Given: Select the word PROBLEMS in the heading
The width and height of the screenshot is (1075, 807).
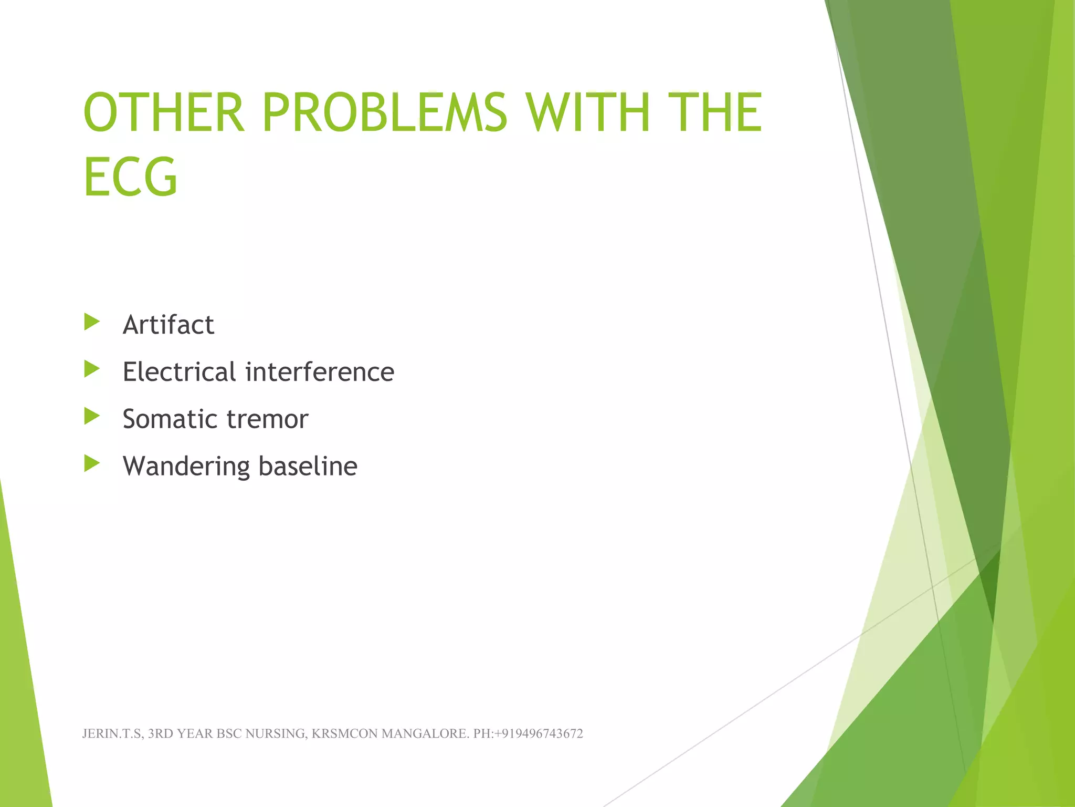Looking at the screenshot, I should click(x=384, y=112).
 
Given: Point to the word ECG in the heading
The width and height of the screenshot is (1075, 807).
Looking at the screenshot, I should click(x=130, y=177).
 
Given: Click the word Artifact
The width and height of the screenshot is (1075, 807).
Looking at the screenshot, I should click(x=168, y=325).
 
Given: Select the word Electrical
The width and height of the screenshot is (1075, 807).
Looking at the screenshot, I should click(x=179, y=372).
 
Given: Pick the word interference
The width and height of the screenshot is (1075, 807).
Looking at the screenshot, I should click(x=320, y=372).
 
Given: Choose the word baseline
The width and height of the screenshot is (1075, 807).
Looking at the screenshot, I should click(x=308, y=467).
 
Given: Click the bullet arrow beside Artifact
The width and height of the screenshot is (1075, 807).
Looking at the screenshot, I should click(x=92, y=322).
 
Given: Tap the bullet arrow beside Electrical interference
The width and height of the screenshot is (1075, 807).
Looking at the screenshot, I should click(x=92, y=369).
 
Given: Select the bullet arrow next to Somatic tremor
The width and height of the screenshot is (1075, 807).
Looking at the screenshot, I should click(x=92, y=417).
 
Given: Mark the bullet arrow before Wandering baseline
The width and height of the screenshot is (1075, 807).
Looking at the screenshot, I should click(x=92, y=463).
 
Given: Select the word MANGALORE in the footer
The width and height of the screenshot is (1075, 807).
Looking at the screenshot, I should click(x=425, y=734).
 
